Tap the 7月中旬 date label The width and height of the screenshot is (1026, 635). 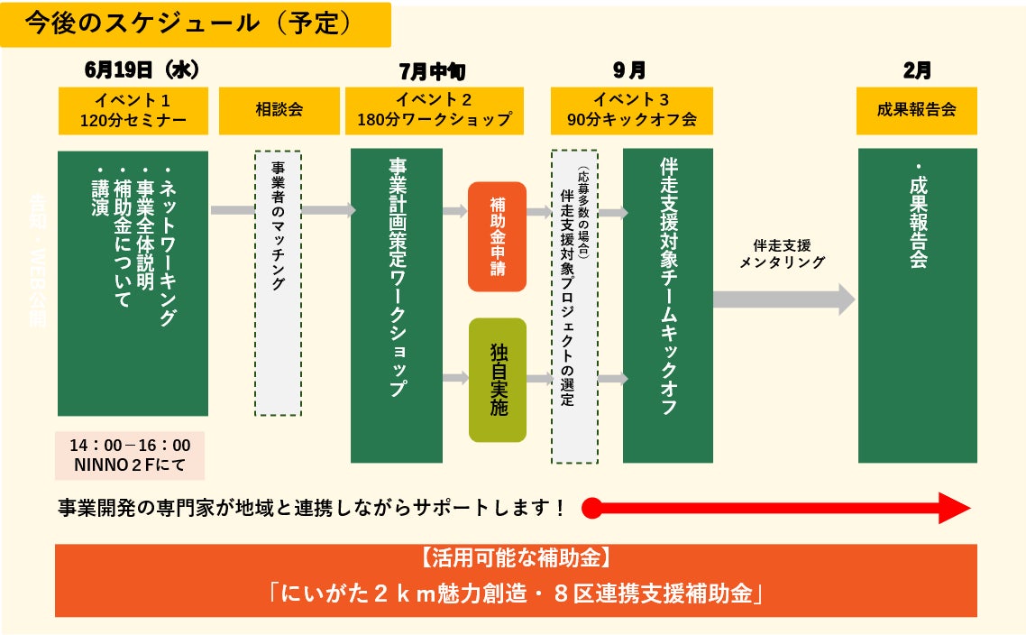tap(432, 71)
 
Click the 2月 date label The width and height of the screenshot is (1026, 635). tap(917, 70)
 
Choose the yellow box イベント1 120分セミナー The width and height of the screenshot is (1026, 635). tap(133, 110)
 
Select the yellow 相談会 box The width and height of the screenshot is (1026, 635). tap(279, 110)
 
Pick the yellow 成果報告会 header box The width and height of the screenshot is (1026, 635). tap(916, 110)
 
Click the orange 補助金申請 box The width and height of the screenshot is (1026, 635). tap(497, 236)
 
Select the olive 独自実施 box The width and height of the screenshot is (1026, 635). tap(498, 380)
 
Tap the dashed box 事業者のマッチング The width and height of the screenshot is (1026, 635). tap(278, 283)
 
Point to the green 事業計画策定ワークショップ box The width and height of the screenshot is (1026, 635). tap(397, 305)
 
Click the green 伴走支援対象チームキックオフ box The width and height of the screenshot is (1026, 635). tap(667, 305)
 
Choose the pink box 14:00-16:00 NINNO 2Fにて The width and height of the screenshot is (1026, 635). tap(130, 456)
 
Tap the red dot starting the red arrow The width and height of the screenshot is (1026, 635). tap(591, 508)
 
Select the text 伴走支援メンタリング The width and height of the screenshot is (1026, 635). tap(782, 253)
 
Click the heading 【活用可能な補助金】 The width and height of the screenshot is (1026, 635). tap(516, 557)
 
